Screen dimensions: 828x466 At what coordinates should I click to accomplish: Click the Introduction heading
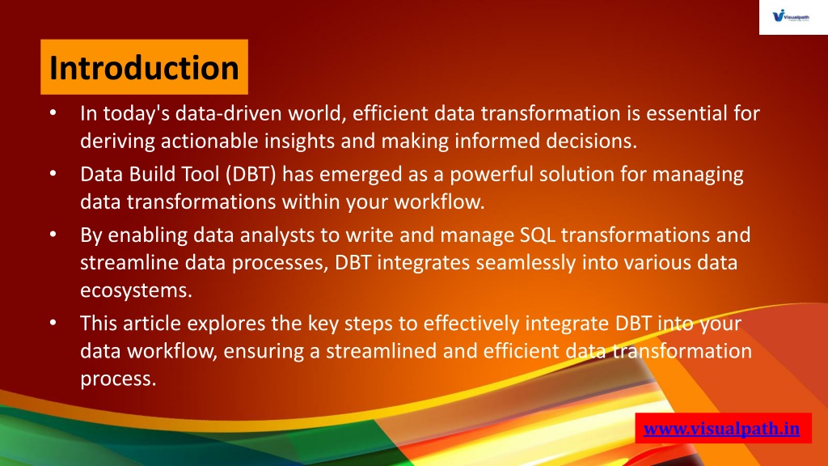144,68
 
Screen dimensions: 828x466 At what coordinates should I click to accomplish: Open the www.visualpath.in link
721,429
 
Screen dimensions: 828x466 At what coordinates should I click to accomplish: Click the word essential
686,113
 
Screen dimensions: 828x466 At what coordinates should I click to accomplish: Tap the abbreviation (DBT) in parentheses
251,175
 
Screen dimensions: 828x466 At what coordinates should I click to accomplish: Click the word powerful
492,175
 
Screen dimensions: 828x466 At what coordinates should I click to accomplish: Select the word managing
698,175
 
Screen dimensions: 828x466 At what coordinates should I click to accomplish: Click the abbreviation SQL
538,235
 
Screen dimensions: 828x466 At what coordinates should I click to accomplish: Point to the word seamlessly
526,263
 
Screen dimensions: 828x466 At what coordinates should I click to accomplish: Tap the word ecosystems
136,290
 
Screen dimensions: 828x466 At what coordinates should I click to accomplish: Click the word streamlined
381,351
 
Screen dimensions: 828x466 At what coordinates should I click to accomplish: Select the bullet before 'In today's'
53,113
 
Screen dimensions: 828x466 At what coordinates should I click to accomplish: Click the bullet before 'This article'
53,323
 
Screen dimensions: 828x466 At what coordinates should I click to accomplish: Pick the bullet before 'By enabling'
53,235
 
